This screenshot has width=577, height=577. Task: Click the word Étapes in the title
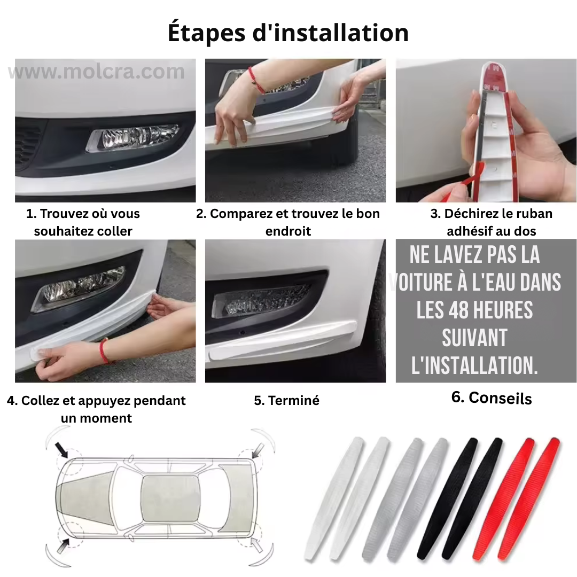tap(207, 33)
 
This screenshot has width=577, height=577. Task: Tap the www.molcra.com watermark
tap(96, 72)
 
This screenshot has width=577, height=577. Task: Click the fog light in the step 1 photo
tap(134, 138)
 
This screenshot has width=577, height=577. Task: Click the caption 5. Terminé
tap(286, 400)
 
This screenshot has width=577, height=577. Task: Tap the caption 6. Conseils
tap(491, 398)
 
